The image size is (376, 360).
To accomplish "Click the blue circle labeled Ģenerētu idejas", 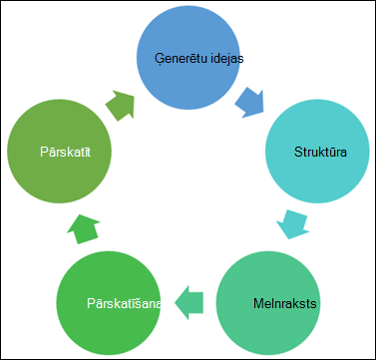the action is click(x=188, y=57).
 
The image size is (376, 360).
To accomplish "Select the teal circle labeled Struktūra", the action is click(x=317, y=151).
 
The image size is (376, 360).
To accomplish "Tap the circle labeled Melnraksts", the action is click(x=268, y=302).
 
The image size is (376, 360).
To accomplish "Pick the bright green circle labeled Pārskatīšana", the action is click(x=109, y=302).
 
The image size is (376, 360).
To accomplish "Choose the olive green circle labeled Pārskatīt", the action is click(x=59, y=151).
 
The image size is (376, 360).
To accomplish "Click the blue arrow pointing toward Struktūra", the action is click(x=250, y=104).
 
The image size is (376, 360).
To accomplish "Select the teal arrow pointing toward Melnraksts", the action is click(x=292, y=224).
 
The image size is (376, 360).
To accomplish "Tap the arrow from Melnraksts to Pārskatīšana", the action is click(x=188, y=302).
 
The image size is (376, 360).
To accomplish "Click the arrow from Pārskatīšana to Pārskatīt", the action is click(x=83, y=229).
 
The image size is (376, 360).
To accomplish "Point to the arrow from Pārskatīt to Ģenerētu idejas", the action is click(x=121, y=105).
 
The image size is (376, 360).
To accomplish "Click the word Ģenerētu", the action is click(x=178, y=59).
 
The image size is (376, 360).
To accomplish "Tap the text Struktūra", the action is click(x=320, y=152).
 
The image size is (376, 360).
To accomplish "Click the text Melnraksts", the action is click(x=284, y=303).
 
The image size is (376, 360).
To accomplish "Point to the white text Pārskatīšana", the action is click(x=125, y=303).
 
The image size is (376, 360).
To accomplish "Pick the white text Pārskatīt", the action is click(x=66, y=152).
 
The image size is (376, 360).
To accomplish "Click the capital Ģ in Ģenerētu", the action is click(x=160, y=59).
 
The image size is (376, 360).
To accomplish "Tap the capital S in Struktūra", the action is click(x=298, y=152).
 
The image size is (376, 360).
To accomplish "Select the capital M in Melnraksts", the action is click(x=258, y=303).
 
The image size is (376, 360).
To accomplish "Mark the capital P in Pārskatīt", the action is click(x=44, y=153).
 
